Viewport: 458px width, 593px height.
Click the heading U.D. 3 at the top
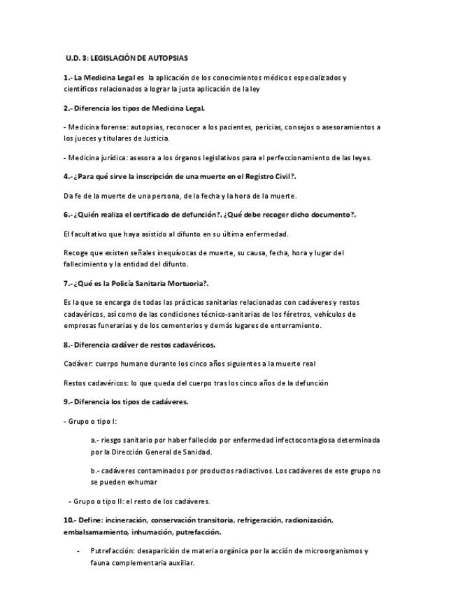coord(74,58)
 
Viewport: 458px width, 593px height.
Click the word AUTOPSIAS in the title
coord(169,58)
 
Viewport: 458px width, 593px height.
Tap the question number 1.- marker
coord(67,78)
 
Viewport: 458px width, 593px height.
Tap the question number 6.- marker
coord(67,215)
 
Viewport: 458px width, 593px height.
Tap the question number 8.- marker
coord(67,345)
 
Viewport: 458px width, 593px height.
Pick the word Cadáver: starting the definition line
coord(78,364)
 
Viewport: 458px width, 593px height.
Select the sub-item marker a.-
coord(95,441)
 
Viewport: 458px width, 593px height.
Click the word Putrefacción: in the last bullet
coord(111,551)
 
